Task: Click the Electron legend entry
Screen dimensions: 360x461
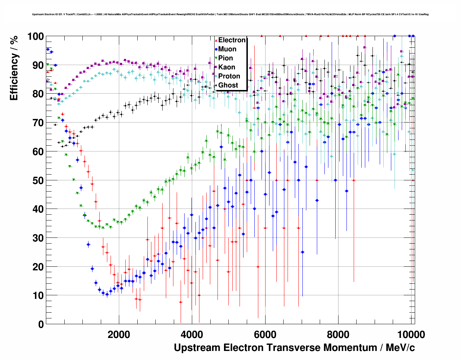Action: (x=232, y=40)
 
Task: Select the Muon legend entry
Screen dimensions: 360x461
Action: (x=227, y=49)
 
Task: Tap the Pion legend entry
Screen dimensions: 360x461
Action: (x=225, y=58)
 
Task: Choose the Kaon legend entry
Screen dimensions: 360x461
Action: (x=227, y=67)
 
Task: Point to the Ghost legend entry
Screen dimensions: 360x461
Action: (x=228, y=85)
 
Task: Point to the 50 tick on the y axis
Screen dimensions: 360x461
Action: (x=38, y=180)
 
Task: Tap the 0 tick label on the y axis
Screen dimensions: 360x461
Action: (x=41, y=324)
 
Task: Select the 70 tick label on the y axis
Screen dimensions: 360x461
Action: (x=38, y=123)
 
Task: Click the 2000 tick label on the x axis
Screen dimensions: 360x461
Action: (x=119, y=334)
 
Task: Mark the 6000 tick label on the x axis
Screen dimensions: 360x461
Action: (x=265, y=334)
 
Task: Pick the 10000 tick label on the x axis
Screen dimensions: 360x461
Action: (x=410, y=334)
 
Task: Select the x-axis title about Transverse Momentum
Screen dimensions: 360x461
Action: (x=294, y=348)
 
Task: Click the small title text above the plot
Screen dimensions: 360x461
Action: (x=230, y=14)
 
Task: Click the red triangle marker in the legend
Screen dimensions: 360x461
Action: (x=216, y=40)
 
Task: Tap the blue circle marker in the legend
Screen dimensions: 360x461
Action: (x=216, y=49)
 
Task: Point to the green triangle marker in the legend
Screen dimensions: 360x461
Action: (x=216, y=58)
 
